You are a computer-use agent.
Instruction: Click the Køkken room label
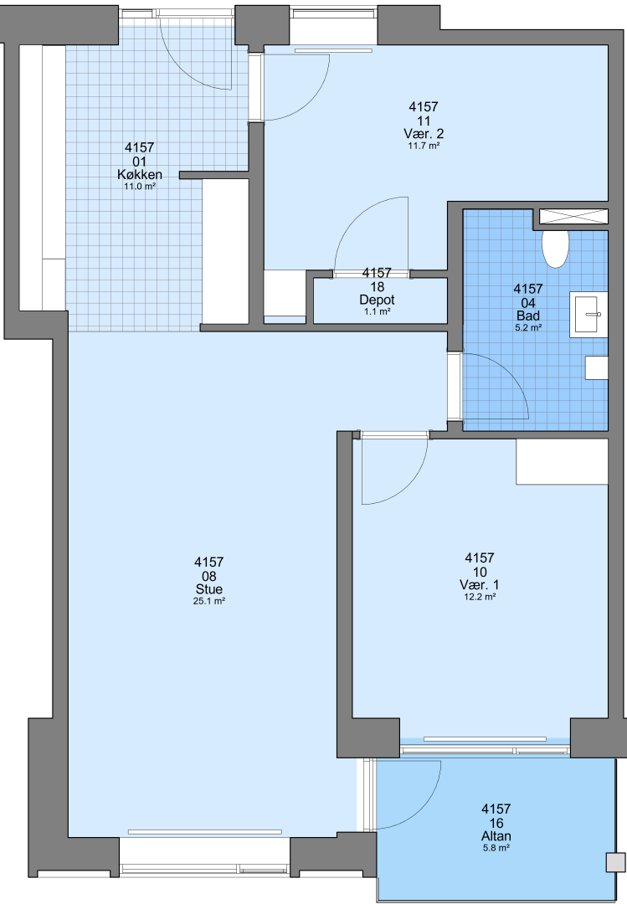coord(140,174)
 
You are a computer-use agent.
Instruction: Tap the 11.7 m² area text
coord(424,146)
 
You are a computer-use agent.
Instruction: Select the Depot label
coord(378,300)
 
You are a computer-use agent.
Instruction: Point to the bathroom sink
coord(589,314)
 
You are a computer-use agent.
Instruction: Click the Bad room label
coord(528,316)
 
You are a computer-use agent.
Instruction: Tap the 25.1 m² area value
coord(208,601)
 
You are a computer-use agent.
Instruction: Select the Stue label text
coord(208,589)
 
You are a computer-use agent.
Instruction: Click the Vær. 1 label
coord(480,584)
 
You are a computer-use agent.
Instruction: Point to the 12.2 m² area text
coord(480,597)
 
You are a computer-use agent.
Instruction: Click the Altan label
coord(496,836)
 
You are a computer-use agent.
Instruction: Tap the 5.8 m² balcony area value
coord(496,848)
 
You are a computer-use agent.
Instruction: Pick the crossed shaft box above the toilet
coord(573,216)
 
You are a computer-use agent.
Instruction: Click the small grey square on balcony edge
coord(615,862)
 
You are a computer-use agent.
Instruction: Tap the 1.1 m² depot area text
coord(378,312)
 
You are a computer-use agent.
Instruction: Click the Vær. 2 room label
coord(424,134)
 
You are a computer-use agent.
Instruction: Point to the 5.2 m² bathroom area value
coord(528,327)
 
